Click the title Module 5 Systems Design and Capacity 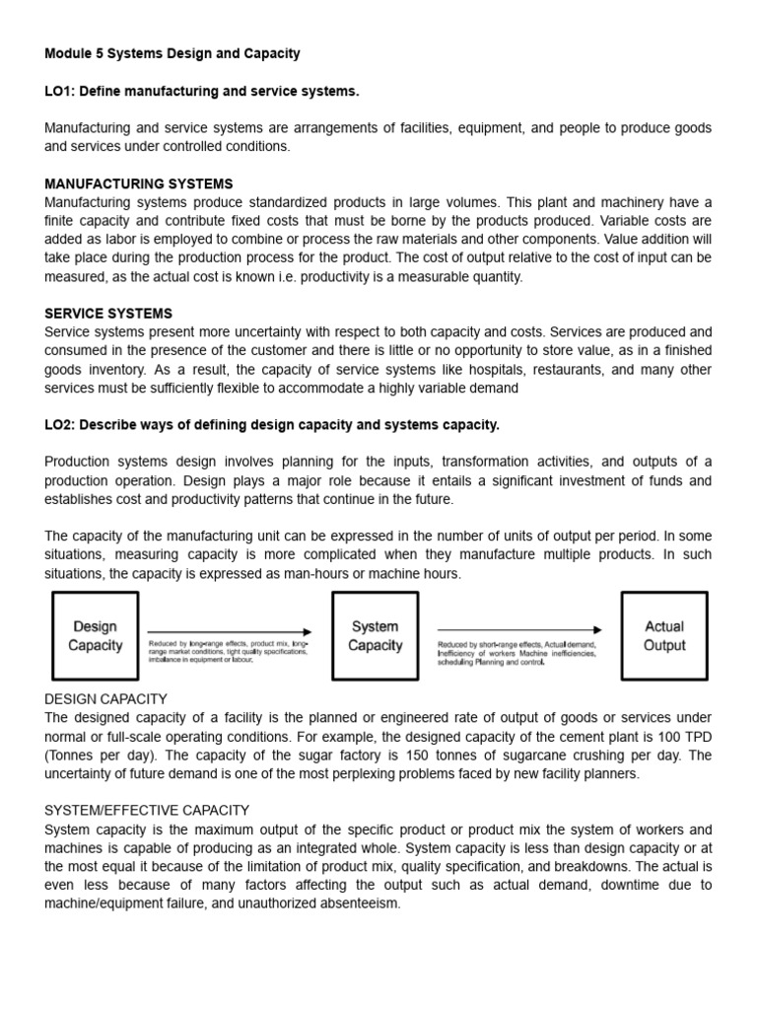coord(172,53)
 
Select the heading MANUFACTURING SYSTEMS coord(139,183)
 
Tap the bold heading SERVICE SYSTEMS coord(108,314)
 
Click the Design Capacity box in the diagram coord(96,636)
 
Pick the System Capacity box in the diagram coord(376,636)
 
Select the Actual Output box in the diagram coord(664,636)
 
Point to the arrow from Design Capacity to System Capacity coord(230,631)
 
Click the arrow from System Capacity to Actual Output coord(519,629)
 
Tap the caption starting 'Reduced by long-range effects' coord(228,651)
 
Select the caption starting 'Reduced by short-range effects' coord(516,653)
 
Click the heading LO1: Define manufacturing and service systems coord(202,91)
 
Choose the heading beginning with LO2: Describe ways coord(272,425)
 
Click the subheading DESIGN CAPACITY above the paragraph coord(106,698)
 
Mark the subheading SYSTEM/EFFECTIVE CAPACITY coord(147,810)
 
